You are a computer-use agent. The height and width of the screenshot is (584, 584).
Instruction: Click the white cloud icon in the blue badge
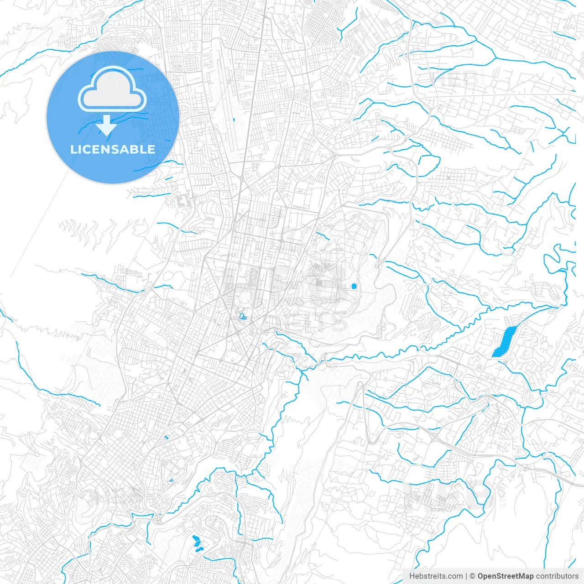tap(112, 89)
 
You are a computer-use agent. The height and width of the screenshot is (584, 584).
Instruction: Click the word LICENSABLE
tap(113, 149)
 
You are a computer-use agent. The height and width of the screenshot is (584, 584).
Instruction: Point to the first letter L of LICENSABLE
tap(73, 149)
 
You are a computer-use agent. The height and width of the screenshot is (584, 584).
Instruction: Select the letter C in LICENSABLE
tap(88, 149)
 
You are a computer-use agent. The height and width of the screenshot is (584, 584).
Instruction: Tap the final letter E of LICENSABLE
tap(151, 149)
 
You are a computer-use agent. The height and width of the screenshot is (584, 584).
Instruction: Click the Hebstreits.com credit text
tap(436, 576)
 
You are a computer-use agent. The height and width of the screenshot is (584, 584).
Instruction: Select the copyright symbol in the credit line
tap(473, 576)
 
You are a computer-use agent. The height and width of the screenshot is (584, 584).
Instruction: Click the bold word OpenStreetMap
tap(506, 576)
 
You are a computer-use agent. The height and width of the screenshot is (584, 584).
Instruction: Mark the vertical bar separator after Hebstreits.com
tap(467, 576)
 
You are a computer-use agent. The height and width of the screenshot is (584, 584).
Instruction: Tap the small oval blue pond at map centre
tap(354, 287)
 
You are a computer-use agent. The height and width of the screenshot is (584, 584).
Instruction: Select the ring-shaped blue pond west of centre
tap(242, 316)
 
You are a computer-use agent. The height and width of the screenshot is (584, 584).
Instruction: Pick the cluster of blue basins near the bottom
tap(197, 543)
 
